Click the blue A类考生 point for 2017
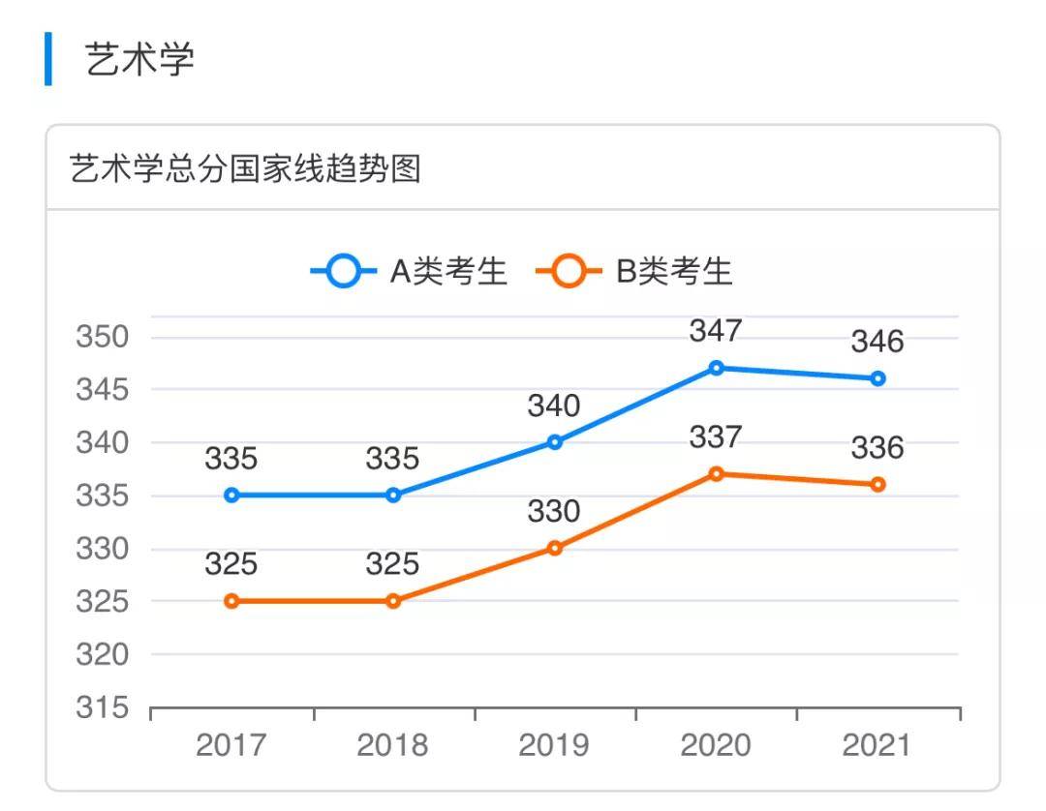click(231, 496)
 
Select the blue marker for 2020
click(716, 368)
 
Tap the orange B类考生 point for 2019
click(555, 548)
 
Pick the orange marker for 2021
click(877, 484)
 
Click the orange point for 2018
click(393, 601)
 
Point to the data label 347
click(716, 331)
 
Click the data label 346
click(877, 342)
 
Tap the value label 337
click(716, 437)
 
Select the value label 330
click(554, 511)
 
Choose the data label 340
click(554, 405)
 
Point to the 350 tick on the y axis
click(102, 338)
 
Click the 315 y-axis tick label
click(102, 708)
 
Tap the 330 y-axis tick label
click(102, 550)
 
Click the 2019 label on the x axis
click(554, 745)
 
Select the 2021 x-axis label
click(877, 745)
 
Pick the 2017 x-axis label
click(231, 745)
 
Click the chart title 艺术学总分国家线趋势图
click(245, 169)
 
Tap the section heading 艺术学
click(140, 60)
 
